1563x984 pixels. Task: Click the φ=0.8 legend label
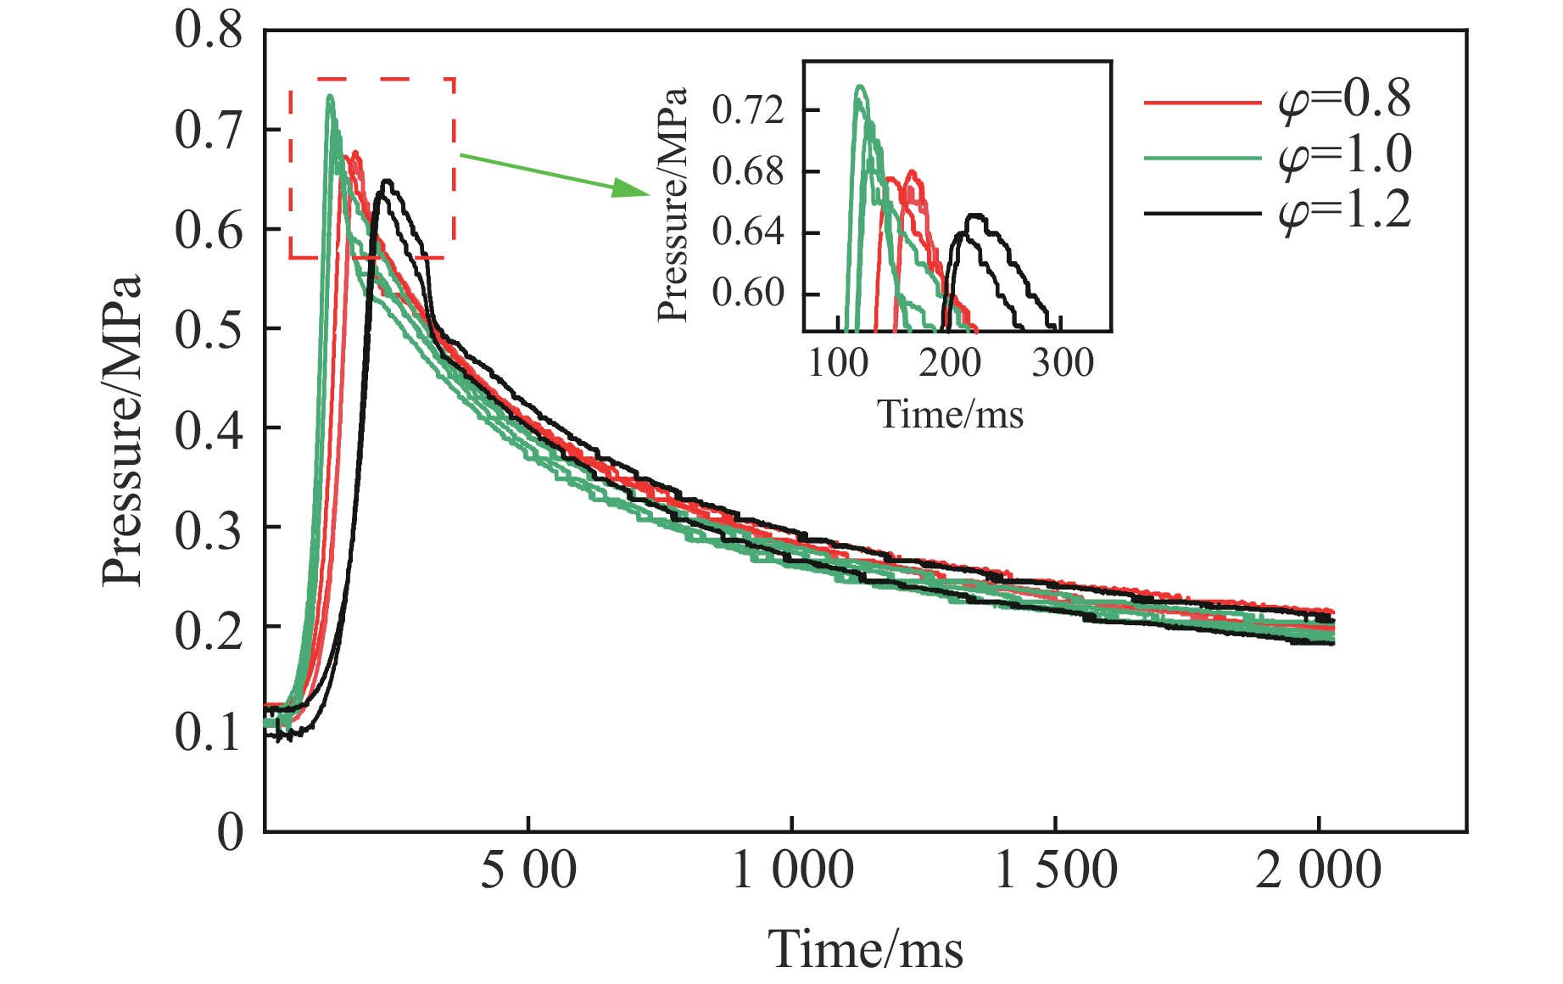pos(1345,100)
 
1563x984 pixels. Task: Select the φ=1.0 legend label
pos(1345,155)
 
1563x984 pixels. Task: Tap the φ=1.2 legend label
pos(1345,210)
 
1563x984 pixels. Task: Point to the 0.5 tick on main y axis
pos(209,329)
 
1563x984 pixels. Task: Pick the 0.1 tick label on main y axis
pos(209,731)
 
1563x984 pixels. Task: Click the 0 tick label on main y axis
pos(230,831)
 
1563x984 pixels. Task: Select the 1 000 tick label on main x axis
pos(792,870)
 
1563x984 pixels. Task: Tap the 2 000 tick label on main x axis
pos(1318,870)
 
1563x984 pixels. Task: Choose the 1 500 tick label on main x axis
pos(1055,870)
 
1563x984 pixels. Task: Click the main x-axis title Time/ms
pos(866,948)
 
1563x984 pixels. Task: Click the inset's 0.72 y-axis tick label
pos(748,110)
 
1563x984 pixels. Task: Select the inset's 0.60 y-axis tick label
pos(748,294)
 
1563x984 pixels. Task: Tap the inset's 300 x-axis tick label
pos(1063,363)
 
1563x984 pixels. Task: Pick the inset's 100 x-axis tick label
pos(839,363)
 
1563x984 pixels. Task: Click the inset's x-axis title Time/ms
pos(950,414)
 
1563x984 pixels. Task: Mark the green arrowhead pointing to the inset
pos(629,188)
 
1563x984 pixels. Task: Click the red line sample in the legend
pos(1203,103)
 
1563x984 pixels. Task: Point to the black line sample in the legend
pos(1203,212)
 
